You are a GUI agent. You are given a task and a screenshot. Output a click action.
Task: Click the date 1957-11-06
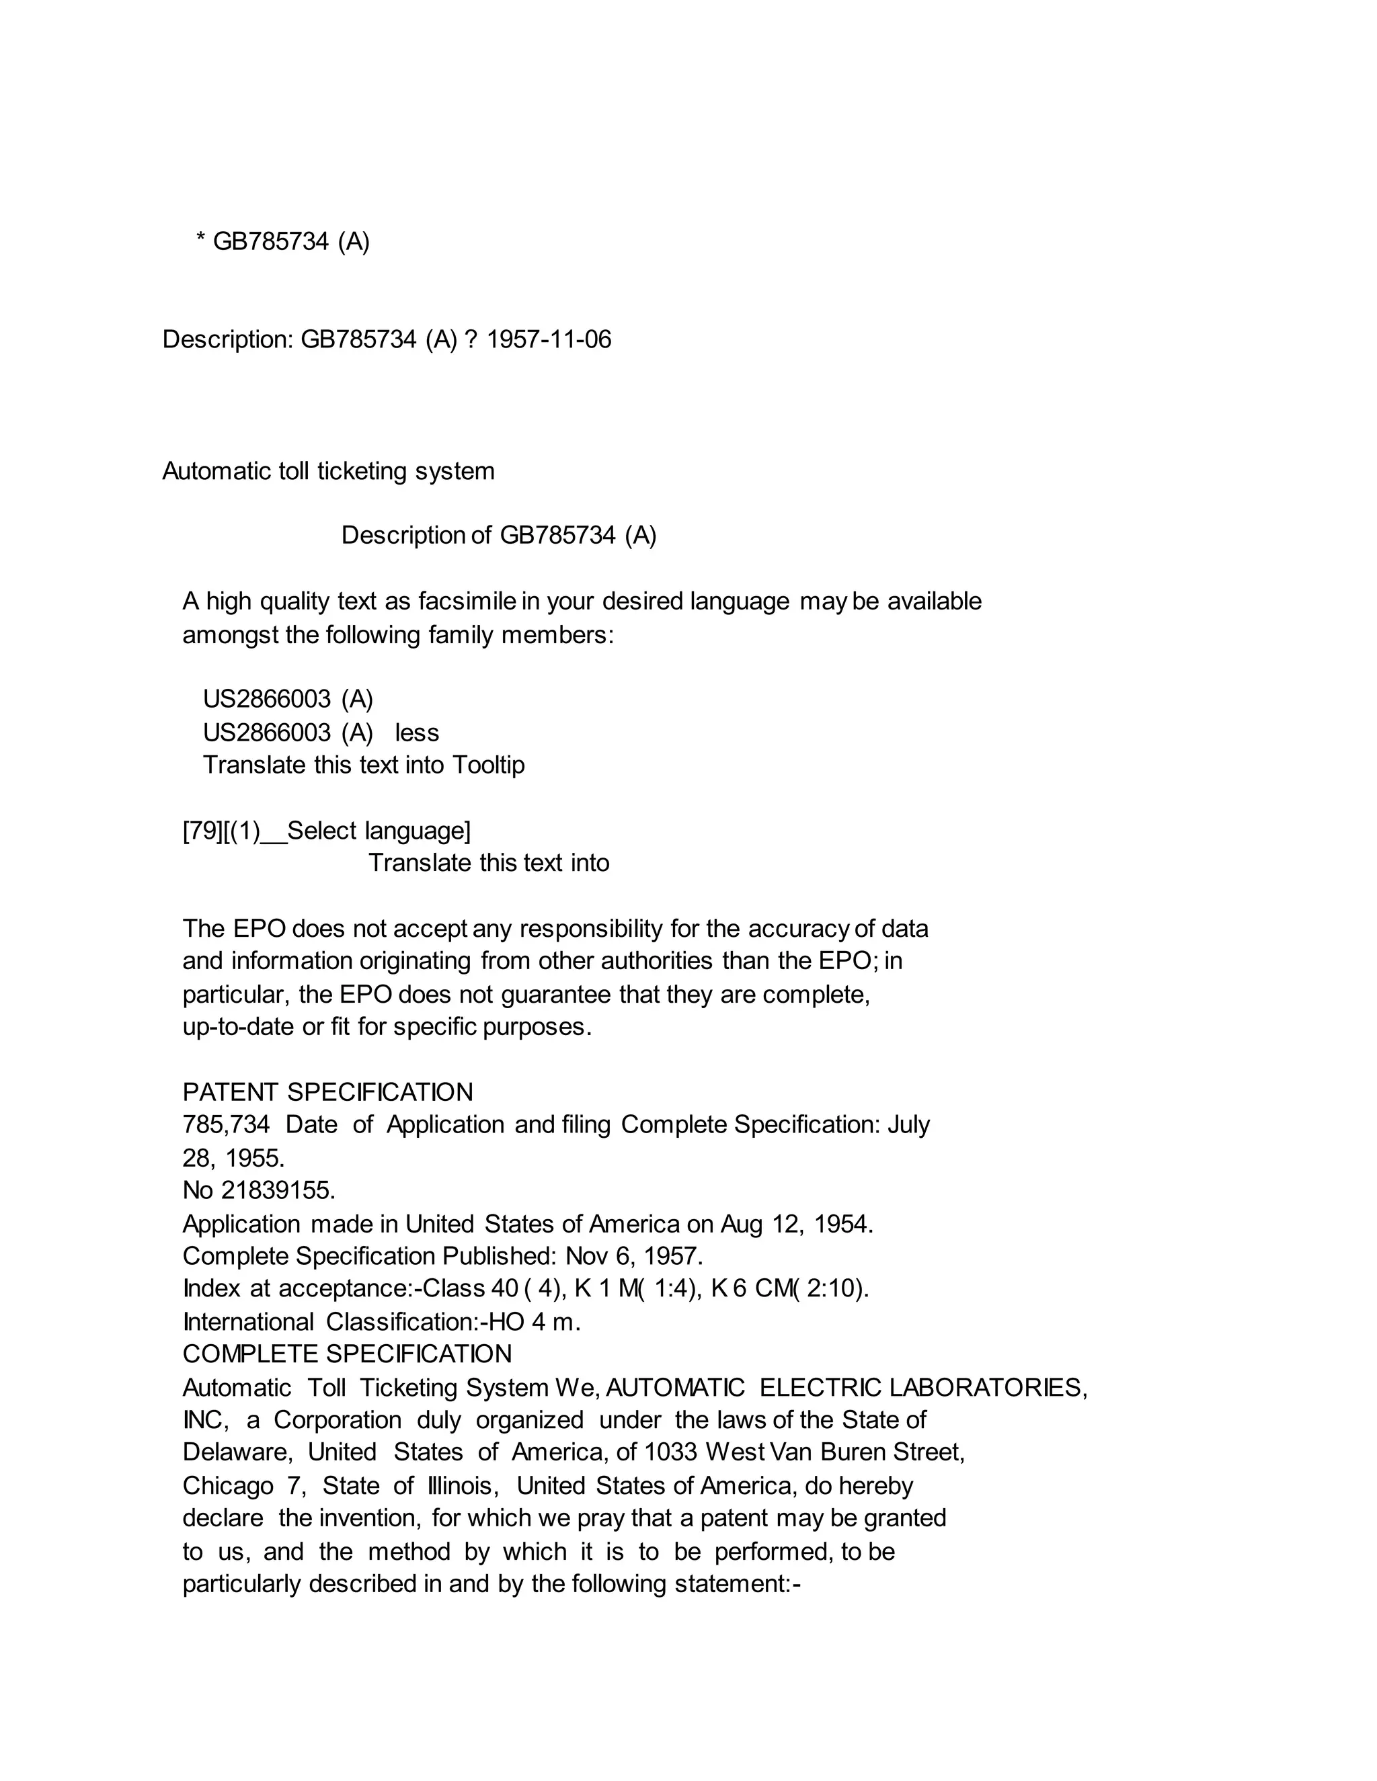pos(548,339)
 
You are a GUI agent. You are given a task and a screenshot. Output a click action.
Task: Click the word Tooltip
pos(488,765)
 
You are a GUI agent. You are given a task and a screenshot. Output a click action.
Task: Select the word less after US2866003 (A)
pos(417,733)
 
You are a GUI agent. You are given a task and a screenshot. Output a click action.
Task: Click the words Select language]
pos(379,831)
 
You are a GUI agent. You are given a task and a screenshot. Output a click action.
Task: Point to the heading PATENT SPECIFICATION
pos(328,1092)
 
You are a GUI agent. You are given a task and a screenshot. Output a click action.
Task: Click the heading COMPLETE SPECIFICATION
pos(348,1354)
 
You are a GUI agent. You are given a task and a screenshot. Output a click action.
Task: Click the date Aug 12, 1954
pos(796,1224)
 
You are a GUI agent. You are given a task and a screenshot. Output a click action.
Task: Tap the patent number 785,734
pos(226,1124)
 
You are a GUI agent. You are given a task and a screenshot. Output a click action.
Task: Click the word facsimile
pos(467,601)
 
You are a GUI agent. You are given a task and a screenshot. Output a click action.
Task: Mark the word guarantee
pos(555,995)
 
